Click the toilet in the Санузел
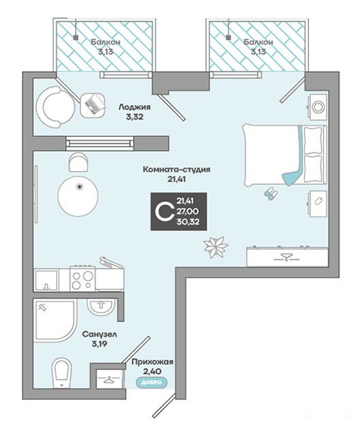pos(62,373)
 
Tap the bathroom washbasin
pos(101,307)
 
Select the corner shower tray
pos(55,320)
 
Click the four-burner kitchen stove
pos(82,279)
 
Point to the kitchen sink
pos(46,280)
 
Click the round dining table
pos(78,196)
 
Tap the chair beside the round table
pos(78,162)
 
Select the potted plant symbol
pos(215,247)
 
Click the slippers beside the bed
pos(271,193)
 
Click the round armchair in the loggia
pos(55,107)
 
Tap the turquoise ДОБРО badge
pos(151,382)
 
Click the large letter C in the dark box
pos(164,211)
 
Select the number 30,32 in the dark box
pos(188,221)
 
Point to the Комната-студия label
pos(177,170)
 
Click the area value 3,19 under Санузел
pos(100,344)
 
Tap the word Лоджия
pos(134,107)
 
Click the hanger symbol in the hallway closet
pos(108,379)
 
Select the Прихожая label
pos(153,362)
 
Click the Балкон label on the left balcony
pos(106,42)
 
